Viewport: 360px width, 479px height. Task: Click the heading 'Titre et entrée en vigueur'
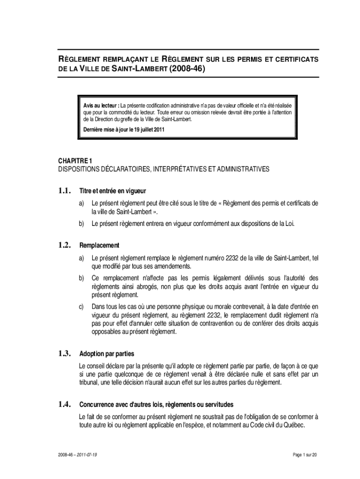[113, 191]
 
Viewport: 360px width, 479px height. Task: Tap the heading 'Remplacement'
[99, 246]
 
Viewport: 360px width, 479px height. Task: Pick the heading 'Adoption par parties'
[107, 354]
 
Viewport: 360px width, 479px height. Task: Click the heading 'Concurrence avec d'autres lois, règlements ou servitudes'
[156, 404]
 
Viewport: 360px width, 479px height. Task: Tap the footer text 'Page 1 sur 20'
[304, 455]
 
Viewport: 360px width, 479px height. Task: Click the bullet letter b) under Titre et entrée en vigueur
[81, 224]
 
